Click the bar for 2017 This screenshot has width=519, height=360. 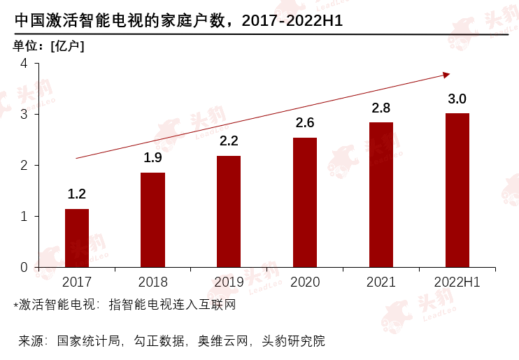click(77, 238)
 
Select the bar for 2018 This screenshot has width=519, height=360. click(152, 219)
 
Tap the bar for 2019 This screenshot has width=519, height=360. click(229, 211)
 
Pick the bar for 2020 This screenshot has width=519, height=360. click(305, 202)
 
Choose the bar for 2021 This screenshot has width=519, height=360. click(381, 194)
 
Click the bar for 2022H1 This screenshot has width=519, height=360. click(457, 190)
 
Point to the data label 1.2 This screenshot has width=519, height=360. click(77, 194)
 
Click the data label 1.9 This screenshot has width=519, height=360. click(152, 158)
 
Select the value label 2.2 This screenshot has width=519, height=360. click(229, 141)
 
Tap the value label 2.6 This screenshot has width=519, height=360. click(305, 123)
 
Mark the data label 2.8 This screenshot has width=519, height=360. click(381, 108)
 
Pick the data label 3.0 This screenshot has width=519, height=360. click(457, 99)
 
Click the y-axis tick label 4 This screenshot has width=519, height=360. click(24, 64)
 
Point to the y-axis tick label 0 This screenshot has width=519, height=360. click(24, 267)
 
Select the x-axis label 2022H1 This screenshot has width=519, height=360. click(457, 282)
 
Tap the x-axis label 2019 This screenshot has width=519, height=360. click(229, 282)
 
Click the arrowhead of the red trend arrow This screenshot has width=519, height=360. click(446, 74)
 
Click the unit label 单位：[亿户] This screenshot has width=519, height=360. click(47, 46)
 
